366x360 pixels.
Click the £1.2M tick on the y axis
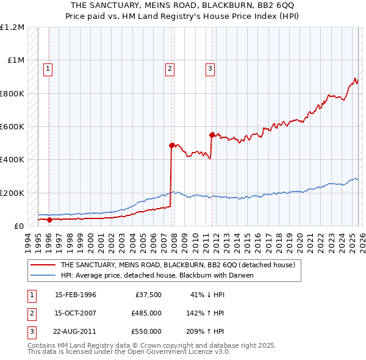pos(12,27)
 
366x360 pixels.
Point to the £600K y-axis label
pos(12,127)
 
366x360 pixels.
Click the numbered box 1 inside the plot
pos(48,69)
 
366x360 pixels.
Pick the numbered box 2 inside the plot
pos(170,69)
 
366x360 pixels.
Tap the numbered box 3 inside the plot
pos(209,69)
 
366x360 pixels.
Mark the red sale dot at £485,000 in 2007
pos(171,145)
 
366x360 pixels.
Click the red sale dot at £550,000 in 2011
pos(212,135)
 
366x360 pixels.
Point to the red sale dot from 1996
pos(49,220)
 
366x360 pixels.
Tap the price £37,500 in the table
pos(146,295)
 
